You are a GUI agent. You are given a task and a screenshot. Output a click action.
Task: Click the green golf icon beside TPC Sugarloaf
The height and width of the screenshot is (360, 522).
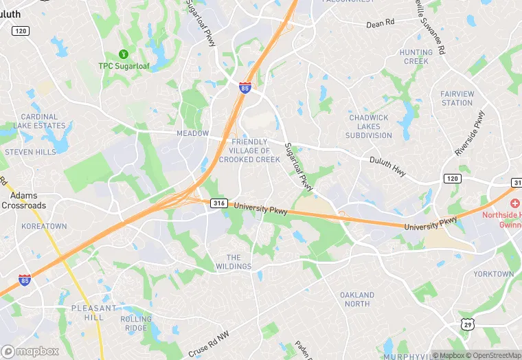[124, 54]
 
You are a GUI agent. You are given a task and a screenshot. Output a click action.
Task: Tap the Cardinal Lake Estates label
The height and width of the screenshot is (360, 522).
[39, 122]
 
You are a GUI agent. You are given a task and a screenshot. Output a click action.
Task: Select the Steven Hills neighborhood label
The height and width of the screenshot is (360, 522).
[31, 152]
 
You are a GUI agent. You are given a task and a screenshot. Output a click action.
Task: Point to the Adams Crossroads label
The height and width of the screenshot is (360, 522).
[23, 201]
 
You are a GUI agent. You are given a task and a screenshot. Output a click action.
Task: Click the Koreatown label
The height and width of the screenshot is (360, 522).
[44, 226]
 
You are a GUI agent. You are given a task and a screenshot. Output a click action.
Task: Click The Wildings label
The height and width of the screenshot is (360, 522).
[238, 262]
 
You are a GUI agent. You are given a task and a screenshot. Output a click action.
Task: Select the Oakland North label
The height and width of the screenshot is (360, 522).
[357, 300]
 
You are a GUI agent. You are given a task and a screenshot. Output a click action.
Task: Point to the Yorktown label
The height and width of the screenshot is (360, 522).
[493, 274]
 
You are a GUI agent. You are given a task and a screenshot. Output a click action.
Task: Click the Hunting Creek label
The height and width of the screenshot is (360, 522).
[416, 57]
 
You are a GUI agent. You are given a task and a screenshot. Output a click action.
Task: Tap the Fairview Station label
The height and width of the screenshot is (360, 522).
[457, 98]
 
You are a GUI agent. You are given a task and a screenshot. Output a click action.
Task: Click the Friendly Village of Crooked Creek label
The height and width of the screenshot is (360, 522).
[249, 150]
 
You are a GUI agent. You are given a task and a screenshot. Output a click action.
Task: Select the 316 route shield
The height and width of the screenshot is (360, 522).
[219, 203]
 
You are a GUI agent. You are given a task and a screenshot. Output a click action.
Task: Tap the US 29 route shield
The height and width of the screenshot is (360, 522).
[467, 323]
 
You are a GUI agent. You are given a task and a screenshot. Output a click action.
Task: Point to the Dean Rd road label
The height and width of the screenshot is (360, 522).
[380, 23]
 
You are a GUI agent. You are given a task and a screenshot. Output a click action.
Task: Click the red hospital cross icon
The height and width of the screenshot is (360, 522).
[514, 204]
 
